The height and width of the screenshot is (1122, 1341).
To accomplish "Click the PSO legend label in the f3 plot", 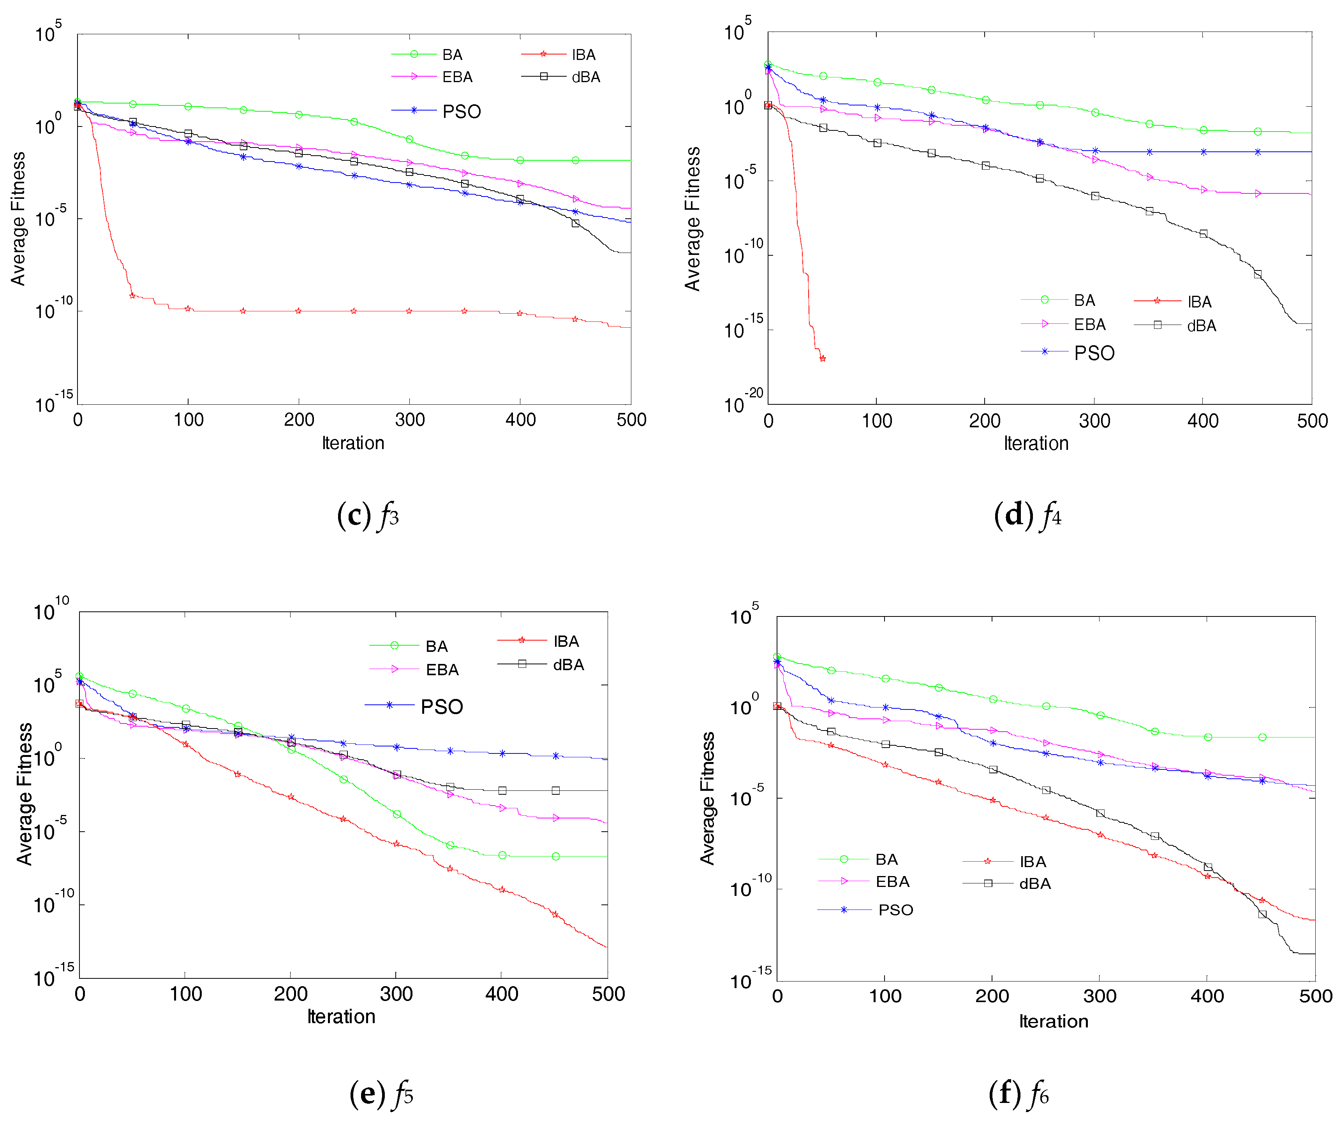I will point(461,112).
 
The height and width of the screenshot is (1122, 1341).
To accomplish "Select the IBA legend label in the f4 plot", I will point(1199,302).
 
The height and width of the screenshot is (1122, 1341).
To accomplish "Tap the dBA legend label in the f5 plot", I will point(568,665).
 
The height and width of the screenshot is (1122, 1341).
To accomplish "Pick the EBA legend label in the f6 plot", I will point(892,881).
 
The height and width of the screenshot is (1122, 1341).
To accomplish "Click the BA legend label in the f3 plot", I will point(452,55).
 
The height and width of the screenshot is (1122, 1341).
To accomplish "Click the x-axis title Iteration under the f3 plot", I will point(353,443).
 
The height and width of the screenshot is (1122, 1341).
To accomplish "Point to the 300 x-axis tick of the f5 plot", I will point(396,994).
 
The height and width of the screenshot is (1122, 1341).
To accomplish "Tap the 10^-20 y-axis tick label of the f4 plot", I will point(744,402).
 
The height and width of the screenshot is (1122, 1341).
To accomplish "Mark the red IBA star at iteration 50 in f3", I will point(132,295).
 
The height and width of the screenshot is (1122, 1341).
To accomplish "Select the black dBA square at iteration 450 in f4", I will point(1257,274).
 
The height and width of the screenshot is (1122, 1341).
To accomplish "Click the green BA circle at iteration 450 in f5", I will point(555,857).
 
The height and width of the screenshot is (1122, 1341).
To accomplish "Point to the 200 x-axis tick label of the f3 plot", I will point(299,420).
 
